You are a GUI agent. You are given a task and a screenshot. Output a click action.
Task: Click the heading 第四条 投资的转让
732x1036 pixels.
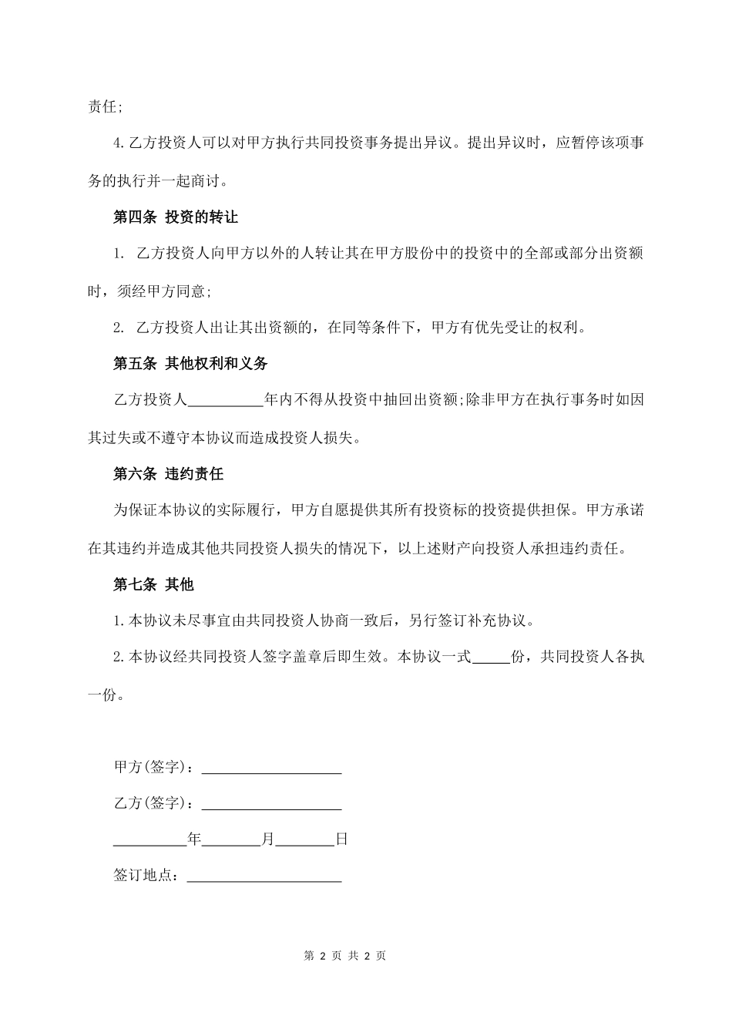(x=176, y=217)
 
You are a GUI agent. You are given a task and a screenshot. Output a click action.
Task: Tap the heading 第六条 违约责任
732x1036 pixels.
(x=168, y=474)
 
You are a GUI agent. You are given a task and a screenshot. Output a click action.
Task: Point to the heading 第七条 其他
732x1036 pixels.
(x=153, y=585)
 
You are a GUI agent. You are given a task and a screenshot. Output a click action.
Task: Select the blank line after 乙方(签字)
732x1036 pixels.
(x=271, y=804)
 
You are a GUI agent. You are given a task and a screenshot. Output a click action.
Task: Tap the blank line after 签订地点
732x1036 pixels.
(x=264, y=876)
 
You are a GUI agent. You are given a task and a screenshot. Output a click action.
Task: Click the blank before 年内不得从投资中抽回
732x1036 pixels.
(x=226, y=401)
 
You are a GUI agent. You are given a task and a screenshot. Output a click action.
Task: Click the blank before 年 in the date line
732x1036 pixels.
(x=150, y=840)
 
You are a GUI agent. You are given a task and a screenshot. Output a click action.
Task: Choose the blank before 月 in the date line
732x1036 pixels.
(x=231, y=840)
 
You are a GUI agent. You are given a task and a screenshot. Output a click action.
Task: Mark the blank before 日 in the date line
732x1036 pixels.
(x=305, y=840)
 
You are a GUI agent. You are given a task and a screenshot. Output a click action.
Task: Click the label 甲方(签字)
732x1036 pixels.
(x=153, y=768)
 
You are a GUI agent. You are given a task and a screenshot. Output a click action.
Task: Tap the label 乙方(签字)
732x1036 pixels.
(x=153, y=804)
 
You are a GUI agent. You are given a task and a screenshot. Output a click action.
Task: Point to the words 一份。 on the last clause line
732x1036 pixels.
(x=106, y=695)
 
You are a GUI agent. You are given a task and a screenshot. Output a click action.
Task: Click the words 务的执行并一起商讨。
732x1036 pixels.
(x=158, y=181)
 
